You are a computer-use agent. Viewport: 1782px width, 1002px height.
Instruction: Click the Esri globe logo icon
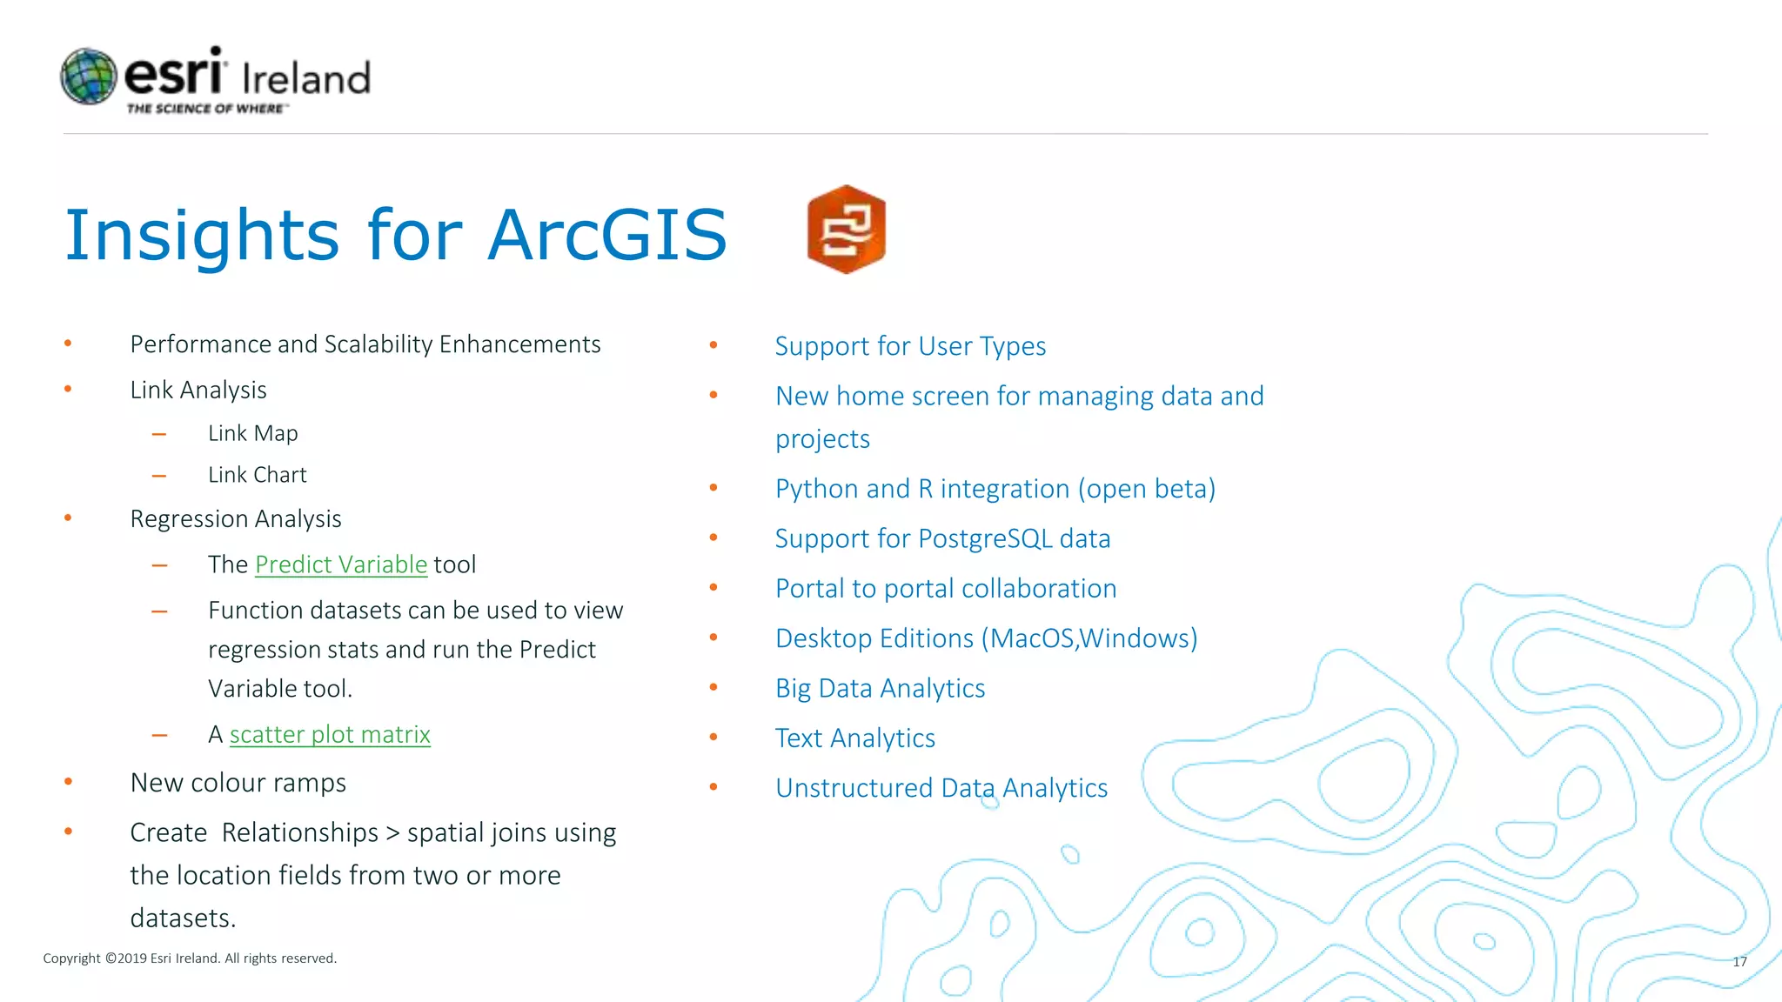pos(89,77)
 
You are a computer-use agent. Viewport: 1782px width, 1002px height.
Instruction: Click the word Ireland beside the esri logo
pos(306,78)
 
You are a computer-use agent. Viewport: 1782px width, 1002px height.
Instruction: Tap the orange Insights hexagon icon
pos(846,230)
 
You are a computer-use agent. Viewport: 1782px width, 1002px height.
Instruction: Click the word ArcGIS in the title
pos(606,235)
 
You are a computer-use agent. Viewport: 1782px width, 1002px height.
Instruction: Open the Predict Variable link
pos(341,564)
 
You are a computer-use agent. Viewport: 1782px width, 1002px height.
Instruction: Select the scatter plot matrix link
pos(330,735)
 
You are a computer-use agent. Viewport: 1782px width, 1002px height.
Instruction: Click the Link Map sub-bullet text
pos(252,433)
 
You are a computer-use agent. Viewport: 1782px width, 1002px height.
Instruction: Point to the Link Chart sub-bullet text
pos(257,475)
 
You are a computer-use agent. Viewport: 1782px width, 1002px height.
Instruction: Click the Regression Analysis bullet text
pos(236,519)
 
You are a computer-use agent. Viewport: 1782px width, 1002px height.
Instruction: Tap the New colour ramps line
pos(238,783)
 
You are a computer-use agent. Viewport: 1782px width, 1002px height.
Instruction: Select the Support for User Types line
pos(910,346)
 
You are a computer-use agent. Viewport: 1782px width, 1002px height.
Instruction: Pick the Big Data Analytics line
pos(880,689)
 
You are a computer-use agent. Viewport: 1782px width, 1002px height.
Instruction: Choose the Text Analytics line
pos(854,738)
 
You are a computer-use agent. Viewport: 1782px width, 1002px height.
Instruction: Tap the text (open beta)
pos(1146,489)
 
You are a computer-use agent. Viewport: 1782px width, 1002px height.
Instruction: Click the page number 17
pos(1739,961)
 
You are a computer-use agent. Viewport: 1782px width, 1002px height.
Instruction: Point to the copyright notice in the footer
pos(190,959)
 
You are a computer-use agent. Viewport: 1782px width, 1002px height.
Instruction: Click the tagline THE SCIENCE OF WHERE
pos(206,109)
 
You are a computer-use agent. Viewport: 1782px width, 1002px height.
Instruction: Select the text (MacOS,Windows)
pos(1089,638)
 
